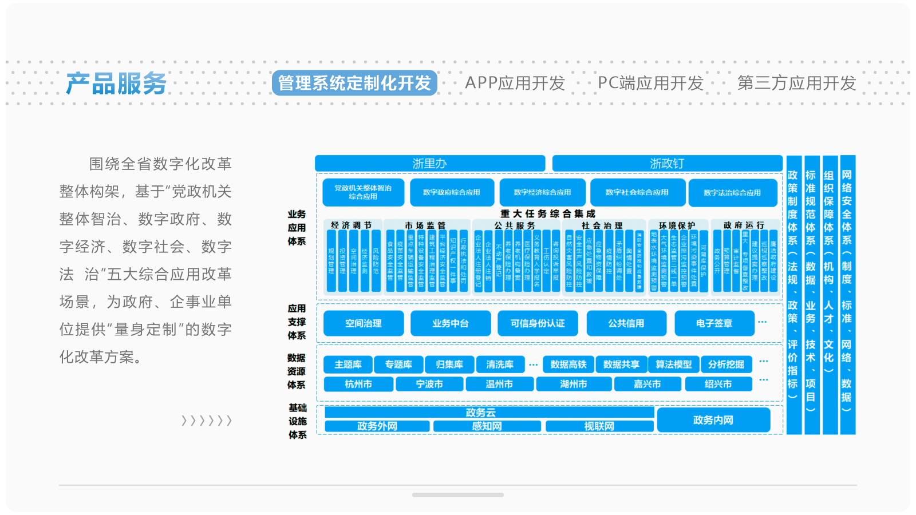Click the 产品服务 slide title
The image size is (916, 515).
pos(116,84)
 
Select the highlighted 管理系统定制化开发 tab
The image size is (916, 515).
pos(354,83)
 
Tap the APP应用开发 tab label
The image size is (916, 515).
pos(515,83)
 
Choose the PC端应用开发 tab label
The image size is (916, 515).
pos(650,83)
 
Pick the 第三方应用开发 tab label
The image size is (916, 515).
pos(796,83)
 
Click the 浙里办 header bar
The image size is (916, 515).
pos(429,163)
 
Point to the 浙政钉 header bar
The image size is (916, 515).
pos(667,163)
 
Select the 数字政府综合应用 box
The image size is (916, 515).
pos(452,192)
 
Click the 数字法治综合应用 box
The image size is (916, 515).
pos(732,192)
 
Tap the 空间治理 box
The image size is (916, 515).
pos(364,323)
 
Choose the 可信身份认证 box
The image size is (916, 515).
pos(538,323)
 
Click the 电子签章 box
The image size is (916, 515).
pos(714,323)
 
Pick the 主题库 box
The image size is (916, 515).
pos(348,365)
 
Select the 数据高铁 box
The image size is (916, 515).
pos(568,365)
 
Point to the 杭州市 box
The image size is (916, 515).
pos(358,384)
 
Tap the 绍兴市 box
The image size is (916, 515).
pos(718,384)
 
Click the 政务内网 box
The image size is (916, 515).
pos(713,420)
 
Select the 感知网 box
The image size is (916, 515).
pos(487,426)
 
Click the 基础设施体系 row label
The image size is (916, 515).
pos(297,421)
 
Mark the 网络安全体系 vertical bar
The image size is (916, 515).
pos(847,295)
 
